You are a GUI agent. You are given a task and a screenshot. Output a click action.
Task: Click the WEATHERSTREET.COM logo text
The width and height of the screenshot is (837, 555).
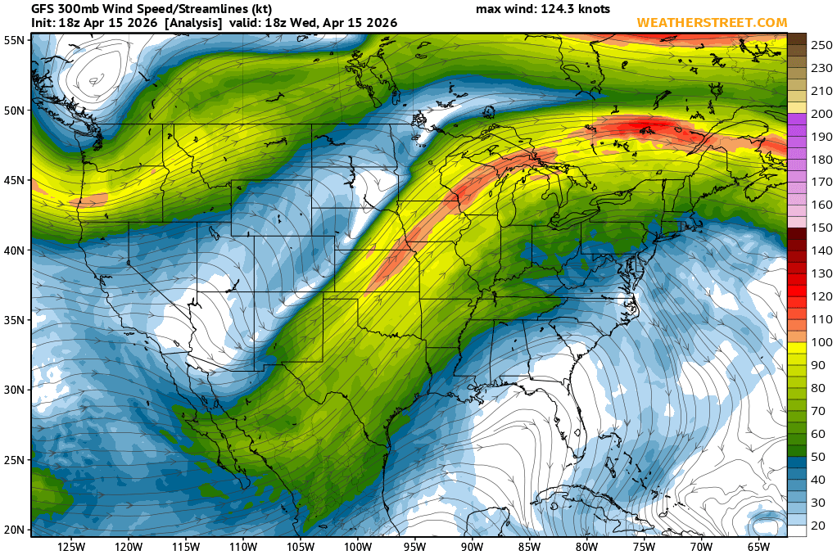(712, 23)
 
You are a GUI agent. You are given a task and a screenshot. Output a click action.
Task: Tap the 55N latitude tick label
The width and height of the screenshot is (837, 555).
(13, 39)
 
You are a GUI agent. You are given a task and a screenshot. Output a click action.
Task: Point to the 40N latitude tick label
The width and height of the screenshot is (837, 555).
(13, 250)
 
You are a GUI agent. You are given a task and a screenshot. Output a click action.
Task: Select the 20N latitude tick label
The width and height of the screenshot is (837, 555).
(13, 529)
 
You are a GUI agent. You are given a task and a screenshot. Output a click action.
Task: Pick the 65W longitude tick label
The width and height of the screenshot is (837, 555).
(758, 546)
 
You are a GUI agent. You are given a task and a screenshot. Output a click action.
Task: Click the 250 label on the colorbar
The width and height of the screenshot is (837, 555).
(821, 45)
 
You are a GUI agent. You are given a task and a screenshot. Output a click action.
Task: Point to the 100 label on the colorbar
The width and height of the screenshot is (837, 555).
(821, 341)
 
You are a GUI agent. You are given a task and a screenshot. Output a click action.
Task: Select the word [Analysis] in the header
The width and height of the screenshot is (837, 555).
(192, 23)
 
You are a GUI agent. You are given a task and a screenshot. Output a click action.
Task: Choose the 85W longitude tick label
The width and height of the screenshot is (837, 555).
(529, 546)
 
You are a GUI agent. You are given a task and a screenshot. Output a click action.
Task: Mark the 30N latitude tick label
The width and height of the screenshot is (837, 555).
(13, 390)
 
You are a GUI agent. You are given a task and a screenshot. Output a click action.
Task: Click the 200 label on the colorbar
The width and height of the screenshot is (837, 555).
(821, 114)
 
